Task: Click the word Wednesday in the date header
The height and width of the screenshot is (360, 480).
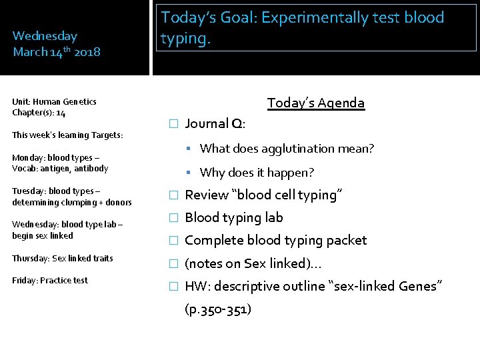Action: click(45, 36)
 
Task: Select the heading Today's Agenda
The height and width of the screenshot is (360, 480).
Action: click(316, 103)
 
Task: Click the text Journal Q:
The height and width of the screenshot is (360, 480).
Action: click(215, 123)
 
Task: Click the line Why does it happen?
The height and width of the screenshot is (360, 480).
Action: click(257, 173)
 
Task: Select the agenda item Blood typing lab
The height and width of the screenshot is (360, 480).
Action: click(233, 217)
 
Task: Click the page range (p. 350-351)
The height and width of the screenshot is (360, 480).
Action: click(218, 309)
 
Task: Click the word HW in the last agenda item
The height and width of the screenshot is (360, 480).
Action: click(196, 286)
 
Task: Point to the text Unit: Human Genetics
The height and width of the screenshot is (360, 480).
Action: click(54, 101)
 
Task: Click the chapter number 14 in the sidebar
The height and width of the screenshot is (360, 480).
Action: click(61, 113)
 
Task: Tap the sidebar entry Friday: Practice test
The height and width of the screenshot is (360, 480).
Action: click(50, 280)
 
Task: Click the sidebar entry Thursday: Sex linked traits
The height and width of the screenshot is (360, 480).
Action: click(63, 258)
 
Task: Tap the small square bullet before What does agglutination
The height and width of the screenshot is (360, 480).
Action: click(189, 149)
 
